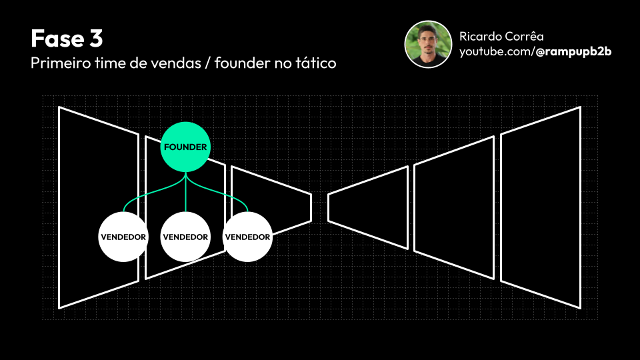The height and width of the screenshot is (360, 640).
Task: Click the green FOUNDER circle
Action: (x=185, y=147)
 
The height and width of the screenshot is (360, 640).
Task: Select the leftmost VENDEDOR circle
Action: (x=123, y=237)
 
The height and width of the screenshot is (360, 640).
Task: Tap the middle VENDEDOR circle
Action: (x=185, y=237)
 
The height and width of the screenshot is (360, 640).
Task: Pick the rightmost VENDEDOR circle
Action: (x=247, y=237)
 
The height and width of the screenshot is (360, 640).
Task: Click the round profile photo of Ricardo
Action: (x=429, y=44)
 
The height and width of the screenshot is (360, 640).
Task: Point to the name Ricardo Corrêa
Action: (x=501, y=36)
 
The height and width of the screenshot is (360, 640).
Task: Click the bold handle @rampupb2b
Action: (x=573, y=51)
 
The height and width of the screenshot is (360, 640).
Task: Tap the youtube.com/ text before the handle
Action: (x=497, y=51)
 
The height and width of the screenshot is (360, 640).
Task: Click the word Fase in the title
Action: (x=53, y=38)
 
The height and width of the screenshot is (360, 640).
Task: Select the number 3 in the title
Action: (x=96, y=38)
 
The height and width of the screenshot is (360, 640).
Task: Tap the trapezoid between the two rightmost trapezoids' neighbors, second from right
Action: (x=454, y=207)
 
